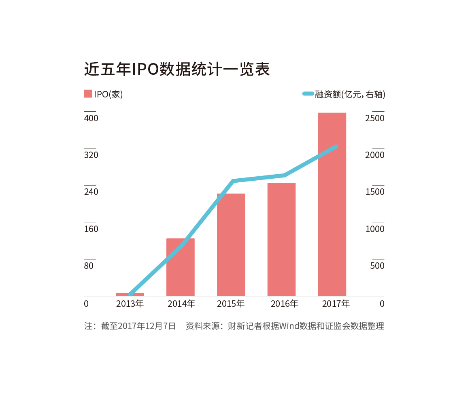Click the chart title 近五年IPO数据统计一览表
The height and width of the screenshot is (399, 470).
[177, 69]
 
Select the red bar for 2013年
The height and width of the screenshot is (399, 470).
[130, 294]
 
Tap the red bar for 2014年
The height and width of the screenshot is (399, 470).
[181, 267]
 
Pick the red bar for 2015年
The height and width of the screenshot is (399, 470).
[231, 245]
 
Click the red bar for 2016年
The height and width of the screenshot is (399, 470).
[281, 239]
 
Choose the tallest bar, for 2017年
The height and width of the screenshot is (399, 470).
[332, 204]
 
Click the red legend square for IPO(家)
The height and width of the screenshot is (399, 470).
[88, 94]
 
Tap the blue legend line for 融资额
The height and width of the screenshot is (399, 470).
[308, 94]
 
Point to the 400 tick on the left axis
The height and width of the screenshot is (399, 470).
[91, 118]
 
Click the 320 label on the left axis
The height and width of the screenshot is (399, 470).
[91, 155]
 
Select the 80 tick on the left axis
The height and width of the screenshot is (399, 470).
[89, 266]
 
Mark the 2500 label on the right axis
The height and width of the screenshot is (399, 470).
[375, 118]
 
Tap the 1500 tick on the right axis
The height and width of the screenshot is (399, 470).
[375, 192]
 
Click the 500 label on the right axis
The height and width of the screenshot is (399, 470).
[377, 266]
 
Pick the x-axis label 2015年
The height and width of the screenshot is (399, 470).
[231, 304]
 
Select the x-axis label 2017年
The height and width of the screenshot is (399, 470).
[336, 304]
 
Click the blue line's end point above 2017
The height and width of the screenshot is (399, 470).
[336, 146]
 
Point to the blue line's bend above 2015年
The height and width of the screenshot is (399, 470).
[233, 181]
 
